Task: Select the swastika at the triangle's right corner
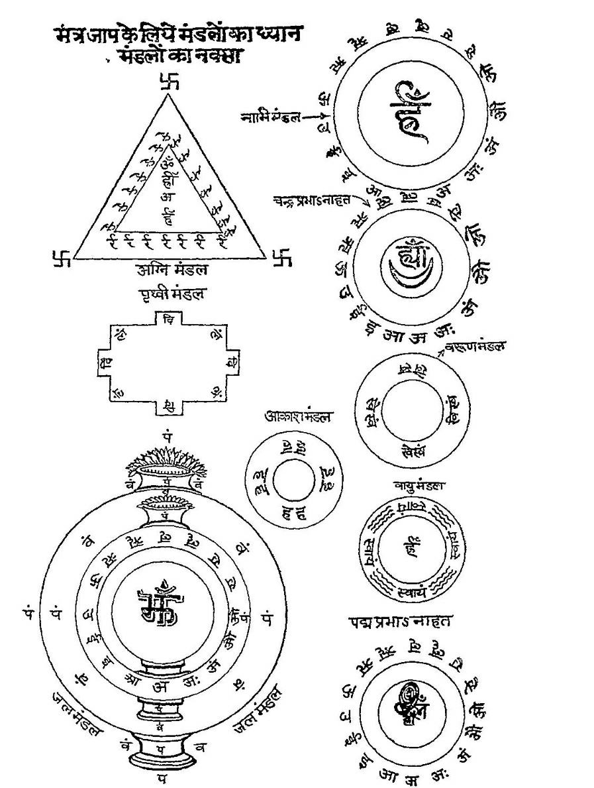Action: click(x=282, y=257)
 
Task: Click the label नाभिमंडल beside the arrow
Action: click(x=270, y=118)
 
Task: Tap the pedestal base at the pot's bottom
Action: click(x=161, y=756)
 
